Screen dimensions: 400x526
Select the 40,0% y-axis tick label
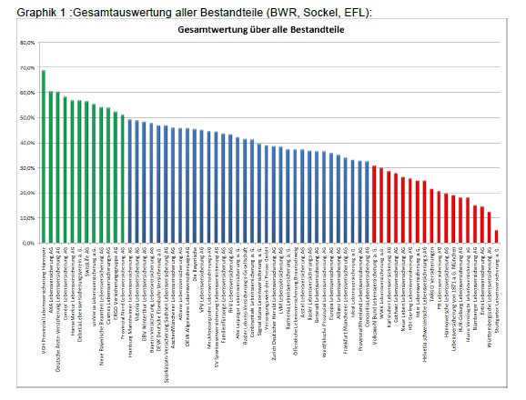click(26, 144)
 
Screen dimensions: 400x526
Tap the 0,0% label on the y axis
click(27, 244)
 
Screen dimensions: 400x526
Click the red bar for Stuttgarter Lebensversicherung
click(496, 237)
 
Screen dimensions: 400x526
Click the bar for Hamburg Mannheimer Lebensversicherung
click(130, 182)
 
